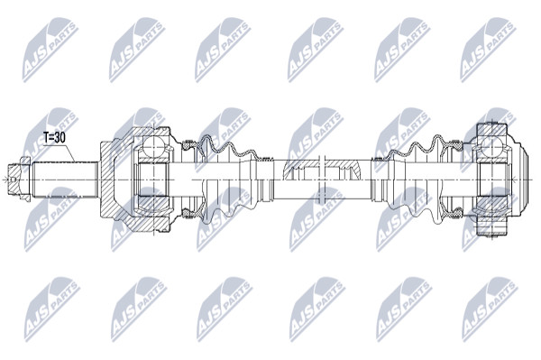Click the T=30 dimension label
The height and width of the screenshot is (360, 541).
pyautogui.click(x=54, y=138)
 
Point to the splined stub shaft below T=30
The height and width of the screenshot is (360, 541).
pyautogui.click(x=65, y=180)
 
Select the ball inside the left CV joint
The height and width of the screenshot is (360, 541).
pyautogui.click(x=153, y=146)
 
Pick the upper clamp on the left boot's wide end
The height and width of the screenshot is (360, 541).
pyautogui.click(x=188, y=144)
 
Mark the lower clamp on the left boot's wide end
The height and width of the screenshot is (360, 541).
pyautogui.click(x=188, y=215)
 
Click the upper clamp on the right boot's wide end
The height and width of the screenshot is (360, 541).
pyautogui.click(x=456, y=144)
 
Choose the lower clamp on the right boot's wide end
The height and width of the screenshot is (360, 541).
pyautogui.click(x=456, y=214)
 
